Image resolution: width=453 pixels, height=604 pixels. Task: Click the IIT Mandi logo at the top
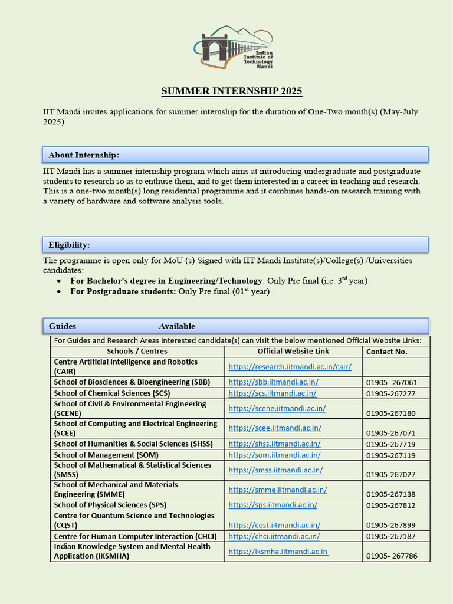(x=233, y=47)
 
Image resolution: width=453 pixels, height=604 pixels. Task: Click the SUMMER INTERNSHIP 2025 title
(x=232, y=91)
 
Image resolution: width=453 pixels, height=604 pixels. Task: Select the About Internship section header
(x=84, y=155)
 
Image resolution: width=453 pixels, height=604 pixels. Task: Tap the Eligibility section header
(x=69, y=245)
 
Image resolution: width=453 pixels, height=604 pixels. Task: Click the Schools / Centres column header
(x=137, y=352)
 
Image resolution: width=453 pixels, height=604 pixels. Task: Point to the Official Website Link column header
(x=293, y=352)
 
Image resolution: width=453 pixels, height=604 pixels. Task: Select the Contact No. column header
(x=387, y=352)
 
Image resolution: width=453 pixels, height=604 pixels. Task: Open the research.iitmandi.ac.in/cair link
(x=290, y=367)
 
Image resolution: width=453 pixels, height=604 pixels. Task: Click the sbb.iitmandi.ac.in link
(x=273, y=382)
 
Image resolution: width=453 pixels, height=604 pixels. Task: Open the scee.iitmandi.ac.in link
(x=274, y=428)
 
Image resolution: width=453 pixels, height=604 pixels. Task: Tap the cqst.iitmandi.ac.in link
(x=274, y=525)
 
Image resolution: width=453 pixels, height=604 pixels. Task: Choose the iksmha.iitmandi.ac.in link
(x=278, y=552)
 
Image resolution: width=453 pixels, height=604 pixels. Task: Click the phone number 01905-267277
(x=390, y=393)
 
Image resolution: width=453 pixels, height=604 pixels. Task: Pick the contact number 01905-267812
(x=390, y=505)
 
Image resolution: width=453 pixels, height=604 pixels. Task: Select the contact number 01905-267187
(x=390, y=537)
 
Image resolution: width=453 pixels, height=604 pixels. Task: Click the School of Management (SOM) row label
(x=106, y=455)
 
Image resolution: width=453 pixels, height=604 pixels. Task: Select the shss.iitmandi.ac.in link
(x=274, y=444)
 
